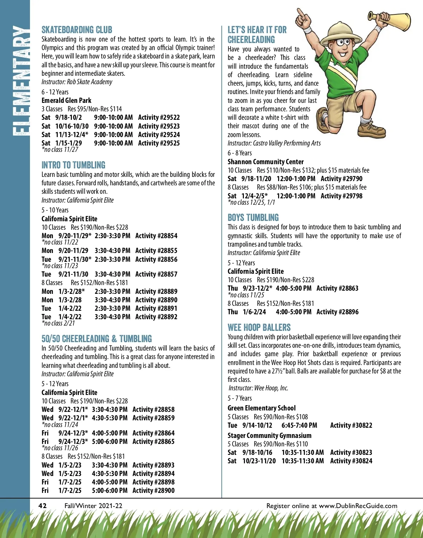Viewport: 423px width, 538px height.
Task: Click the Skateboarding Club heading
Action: [77, 30]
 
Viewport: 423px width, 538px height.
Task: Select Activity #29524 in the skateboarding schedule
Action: [159, 135]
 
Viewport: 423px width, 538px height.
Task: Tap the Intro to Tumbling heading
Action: [73, 165]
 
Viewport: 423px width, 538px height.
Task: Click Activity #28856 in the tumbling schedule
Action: [156, 259]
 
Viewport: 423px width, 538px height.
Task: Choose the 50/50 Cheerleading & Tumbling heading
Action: [97, 339]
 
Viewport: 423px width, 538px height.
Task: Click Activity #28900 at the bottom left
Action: [153, 490]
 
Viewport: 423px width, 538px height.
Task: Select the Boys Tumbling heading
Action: [253, 217]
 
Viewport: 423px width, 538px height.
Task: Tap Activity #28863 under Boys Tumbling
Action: [337, 288]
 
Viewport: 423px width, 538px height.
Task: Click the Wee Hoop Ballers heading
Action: [259, 327]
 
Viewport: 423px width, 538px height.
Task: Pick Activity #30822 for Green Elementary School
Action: [351, 425]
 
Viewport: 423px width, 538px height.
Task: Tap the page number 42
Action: [42, 506]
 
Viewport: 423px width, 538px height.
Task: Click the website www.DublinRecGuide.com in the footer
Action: [358, 506]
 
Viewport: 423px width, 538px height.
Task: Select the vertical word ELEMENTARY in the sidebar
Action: [20, 81]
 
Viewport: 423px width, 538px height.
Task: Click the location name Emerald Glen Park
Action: [66, 100]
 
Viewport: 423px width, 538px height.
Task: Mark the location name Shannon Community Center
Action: [265, 162]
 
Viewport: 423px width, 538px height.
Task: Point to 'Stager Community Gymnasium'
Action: [269, 435]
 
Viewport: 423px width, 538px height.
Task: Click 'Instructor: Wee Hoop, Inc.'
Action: [258, 388]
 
